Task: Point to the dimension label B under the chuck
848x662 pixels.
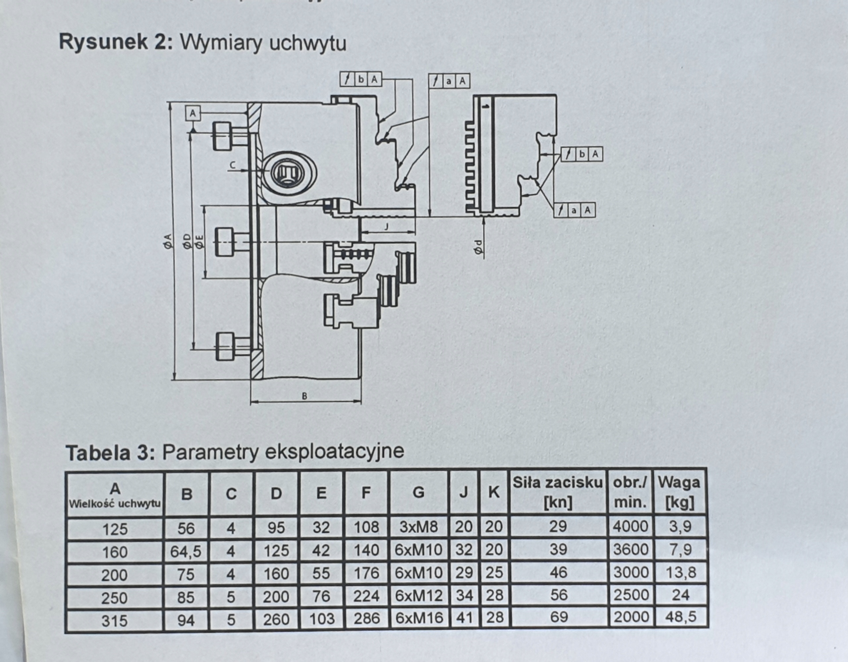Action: pyautogui.click(x=305, y=396)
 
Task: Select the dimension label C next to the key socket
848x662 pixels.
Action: pyautogui.click(x=233, y=165)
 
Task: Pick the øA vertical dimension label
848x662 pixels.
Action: pyautogui.click(x=168, y=241)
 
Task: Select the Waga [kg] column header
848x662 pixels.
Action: pyautogui.click(x=679, y=493)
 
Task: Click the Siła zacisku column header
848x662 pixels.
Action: pyautogui.click(x=558, y=493)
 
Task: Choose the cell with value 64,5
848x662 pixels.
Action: pyautogui.click(x=186, y=551)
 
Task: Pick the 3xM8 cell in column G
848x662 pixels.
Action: pyautogui.click(x=419, y=527)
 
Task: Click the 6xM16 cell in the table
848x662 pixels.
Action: pyautogui.click(x=419, y=618)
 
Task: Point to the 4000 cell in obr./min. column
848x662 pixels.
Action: pyautogui.click(x=631, y=526)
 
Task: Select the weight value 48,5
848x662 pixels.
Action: pyautogui.click(x=681, y=617)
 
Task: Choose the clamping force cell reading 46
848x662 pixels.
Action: pyautogui.click(x=558, y=573)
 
